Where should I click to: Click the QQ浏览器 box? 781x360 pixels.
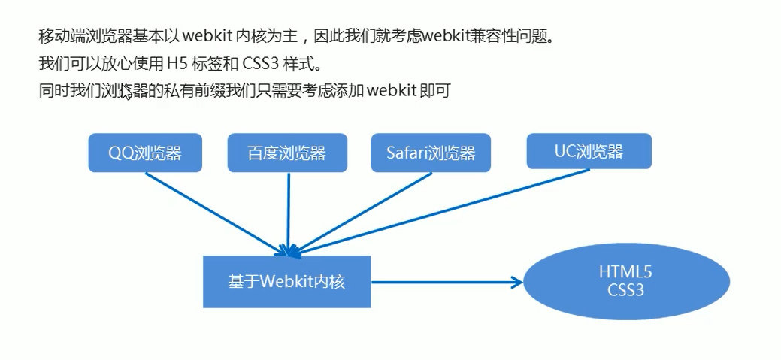(x=145, y=153)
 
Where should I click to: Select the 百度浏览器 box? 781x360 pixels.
(x=286, y=153)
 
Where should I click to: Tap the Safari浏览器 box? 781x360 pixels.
(x=430, y=153)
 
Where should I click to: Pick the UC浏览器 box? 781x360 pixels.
(x=588, y=151)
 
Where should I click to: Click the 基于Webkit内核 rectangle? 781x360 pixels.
(x=286, y=282)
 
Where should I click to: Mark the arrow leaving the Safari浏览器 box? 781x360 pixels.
(x=361, y=211)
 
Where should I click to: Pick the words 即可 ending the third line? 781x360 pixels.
(x=436, y=90)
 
